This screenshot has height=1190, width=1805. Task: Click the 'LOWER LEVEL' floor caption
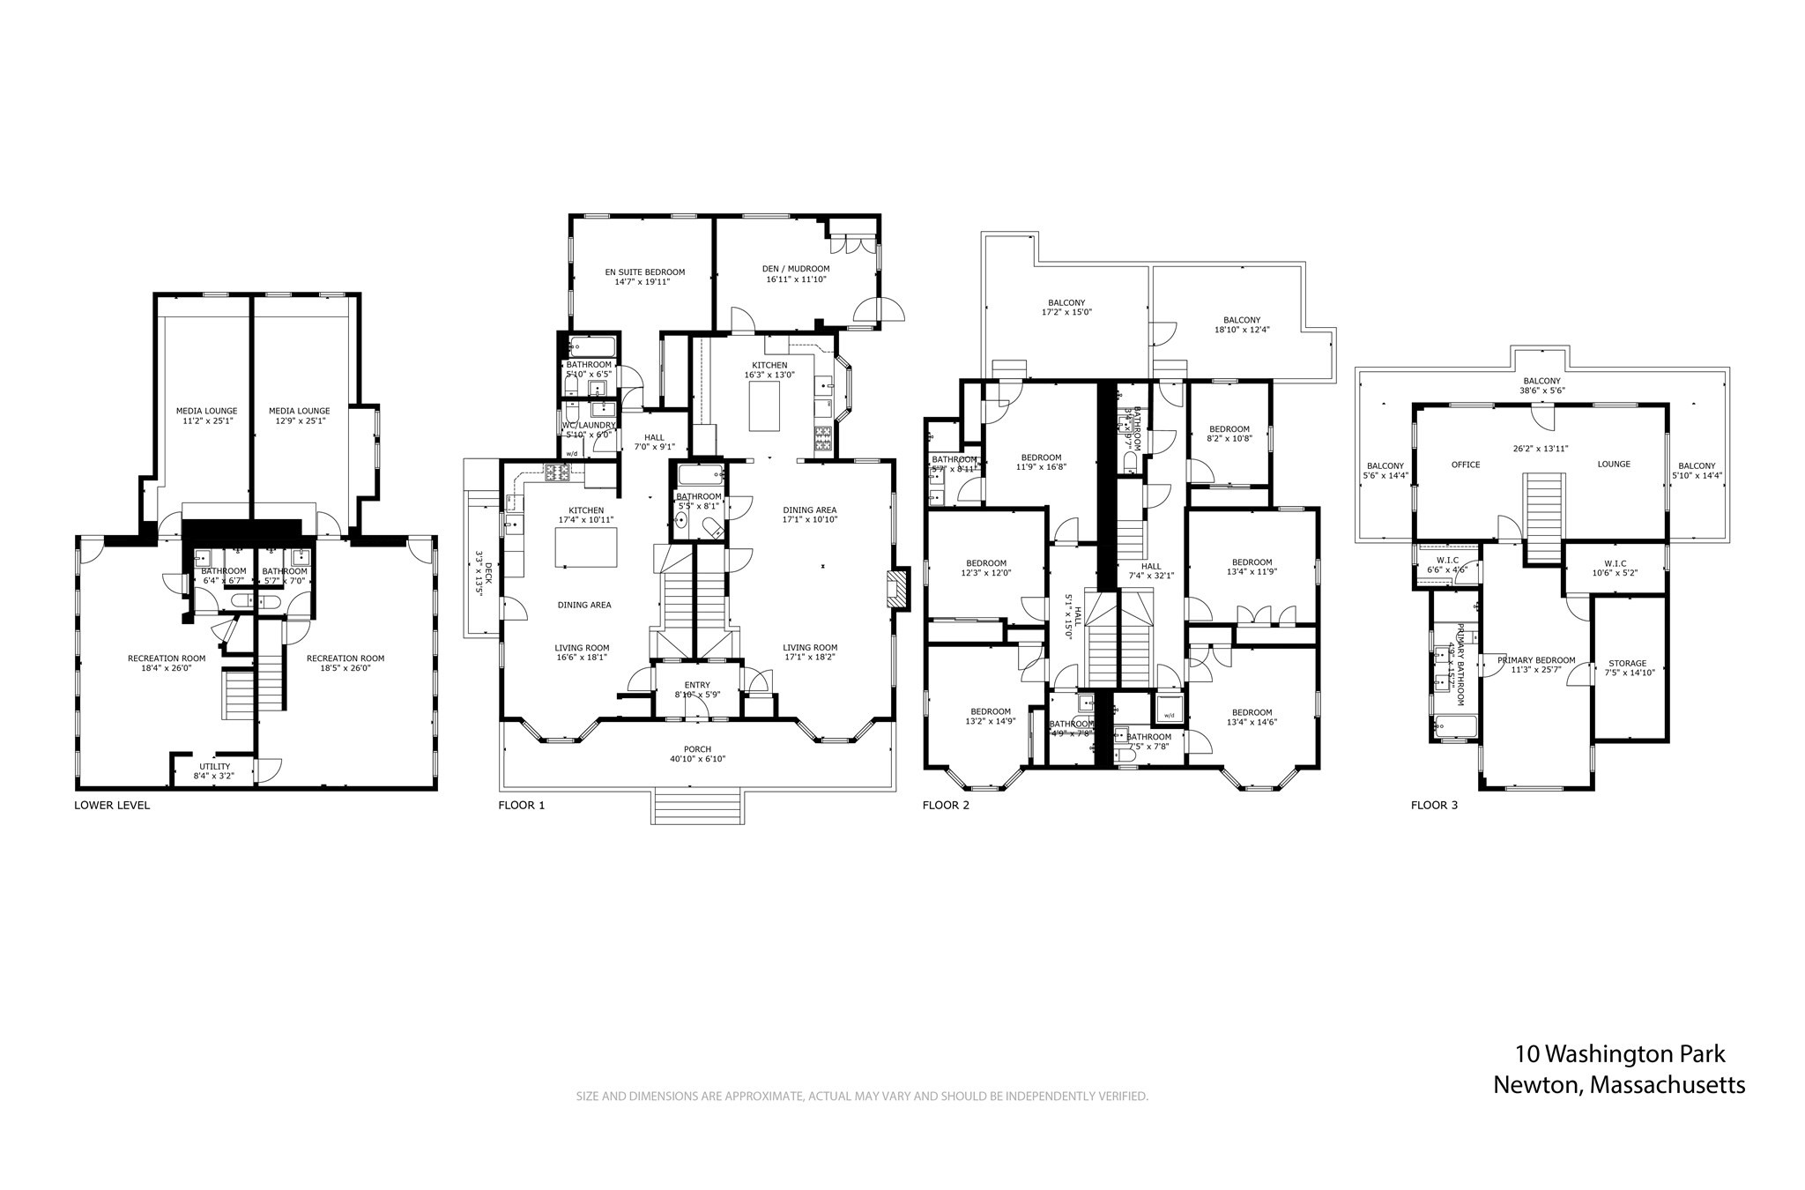click(112, 805)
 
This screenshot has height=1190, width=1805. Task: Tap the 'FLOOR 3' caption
click(1434, 805)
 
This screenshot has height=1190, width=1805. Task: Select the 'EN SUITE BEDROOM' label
click(644, 272)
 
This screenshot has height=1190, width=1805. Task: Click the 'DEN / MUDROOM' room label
click(796, 269)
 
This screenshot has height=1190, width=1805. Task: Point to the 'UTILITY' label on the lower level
click(214, 766)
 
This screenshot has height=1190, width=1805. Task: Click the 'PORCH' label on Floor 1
click(697, 749)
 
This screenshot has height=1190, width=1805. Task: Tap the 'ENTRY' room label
click(697, 685)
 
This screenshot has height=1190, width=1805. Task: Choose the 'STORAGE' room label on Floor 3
click(1627, 664)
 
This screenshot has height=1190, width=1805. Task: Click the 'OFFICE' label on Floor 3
click(1466, 465)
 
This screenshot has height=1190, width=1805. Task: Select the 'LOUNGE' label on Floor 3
click(1614, 465)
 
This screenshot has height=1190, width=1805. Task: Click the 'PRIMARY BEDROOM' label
click(1536, 660)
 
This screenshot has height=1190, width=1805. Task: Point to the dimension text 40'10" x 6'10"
click(697, 759)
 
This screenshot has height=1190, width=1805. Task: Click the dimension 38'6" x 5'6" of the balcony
click(1540, 390)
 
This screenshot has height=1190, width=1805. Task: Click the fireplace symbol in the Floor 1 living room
click(896, 588)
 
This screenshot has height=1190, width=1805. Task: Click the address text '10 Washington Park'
click(1620, 1054)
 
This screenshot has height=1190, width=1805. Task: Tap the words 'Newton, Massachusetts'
click(1618, 1085)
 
